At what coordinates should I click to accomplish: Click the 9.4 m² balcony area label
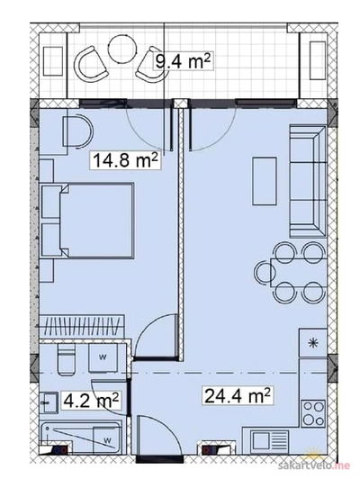click(183, 62)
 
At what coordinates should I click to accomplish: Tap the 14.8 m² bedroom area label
click(125, 160)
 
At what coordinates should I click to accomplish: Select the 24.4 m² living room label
click(238, 395)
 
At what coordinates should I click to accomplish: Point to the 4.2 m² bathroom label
click(90, 400)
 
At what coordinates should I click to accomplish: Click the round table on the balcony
click(122, 50)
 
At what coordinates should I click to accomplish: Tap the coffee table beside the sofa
click(265, 181)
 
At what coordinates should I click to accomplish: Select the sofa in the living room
click(308, 181)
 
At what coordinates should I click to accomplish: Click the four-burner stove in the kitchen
click(313, 413)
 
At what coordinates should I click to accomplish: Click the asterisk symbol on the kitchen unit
click(313, 344)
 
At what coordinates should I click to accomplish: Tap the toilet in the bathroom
click(67, 359)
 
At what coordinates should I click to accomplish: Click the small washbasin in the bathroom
click(49, 403)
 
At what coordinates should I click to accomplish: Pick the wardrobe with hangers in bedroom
click(82, 327)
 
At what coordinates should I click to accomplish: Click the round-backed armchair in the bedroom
click(76, 131)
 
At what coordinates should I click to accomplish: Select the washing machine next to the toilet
click(103, 357)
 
